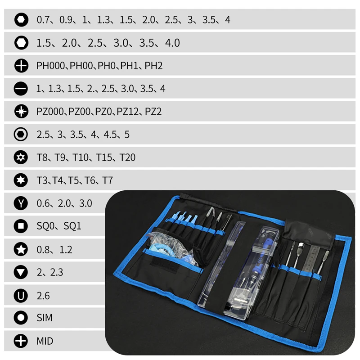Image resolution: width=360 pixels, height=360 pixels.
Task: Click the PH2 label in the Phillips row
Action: coord(153,66)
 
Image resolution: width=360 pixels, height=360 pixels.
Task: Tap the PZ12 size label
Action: coord(128,112)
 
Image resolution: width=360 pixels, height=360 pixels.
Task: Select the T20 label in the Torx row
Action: coord(127,157)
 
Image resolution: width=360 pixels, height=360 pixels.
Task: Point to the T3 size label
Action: coord(42,180)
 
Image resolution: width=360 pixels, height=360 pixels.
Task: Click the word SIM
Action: coord(45,318)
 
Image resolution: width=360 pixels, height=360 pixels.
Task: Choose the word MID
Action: coord(45,341)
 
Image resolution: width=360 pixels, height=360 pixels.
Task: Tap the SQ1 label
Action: coord(72,226)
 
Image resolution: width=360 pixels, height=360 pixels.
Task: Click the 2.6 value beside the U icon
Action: coord(43,296)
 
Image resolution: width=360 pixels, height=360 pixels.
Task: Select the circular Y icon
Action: coord(21,203)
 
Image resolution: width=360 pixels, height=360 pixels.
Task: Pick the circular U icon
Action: coord(21,296)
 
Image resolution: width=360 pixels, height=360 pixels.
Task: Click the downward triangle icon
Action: coord(21,272)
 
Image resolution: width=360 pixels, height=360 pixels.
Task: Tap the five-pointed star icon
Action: coord(21,249)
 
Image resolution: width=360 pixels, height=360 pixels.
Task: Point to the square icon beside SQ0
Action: coord(21,226)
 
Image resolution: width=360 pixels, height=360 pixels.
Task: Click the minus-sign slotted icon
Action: coord(21,89)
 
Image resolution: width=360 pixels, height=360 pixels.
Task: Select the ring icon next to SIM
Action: coord(21,318)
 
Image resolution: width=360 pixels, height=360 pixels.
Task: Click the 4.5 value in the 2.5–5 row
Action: coord(110,135)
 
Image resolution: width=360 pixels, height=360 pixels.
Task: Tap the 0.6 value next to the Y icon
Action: coord(43,203)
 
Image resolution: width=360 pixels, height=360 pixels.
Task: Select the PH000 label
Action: coord(51,66)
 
